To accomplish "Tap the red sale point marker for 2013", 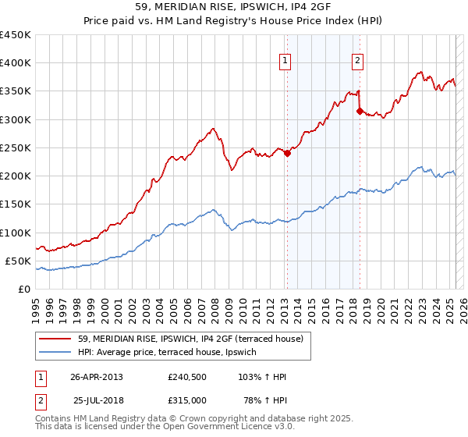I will click(x=287, y=153).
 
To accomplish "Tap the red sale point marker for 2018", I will click(x=360, y=111).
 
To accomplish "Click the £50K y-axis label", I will click(x=18, y=261).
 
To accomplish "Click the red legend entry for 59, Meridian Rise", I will click(x=195, y=338).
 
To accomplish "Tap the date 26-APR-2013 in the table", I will click(x=97, y=377).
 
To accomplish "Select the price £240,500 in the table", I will click(x=187, y=377).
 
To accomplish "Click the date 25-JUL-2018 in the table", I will click(x=97, y=400).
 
